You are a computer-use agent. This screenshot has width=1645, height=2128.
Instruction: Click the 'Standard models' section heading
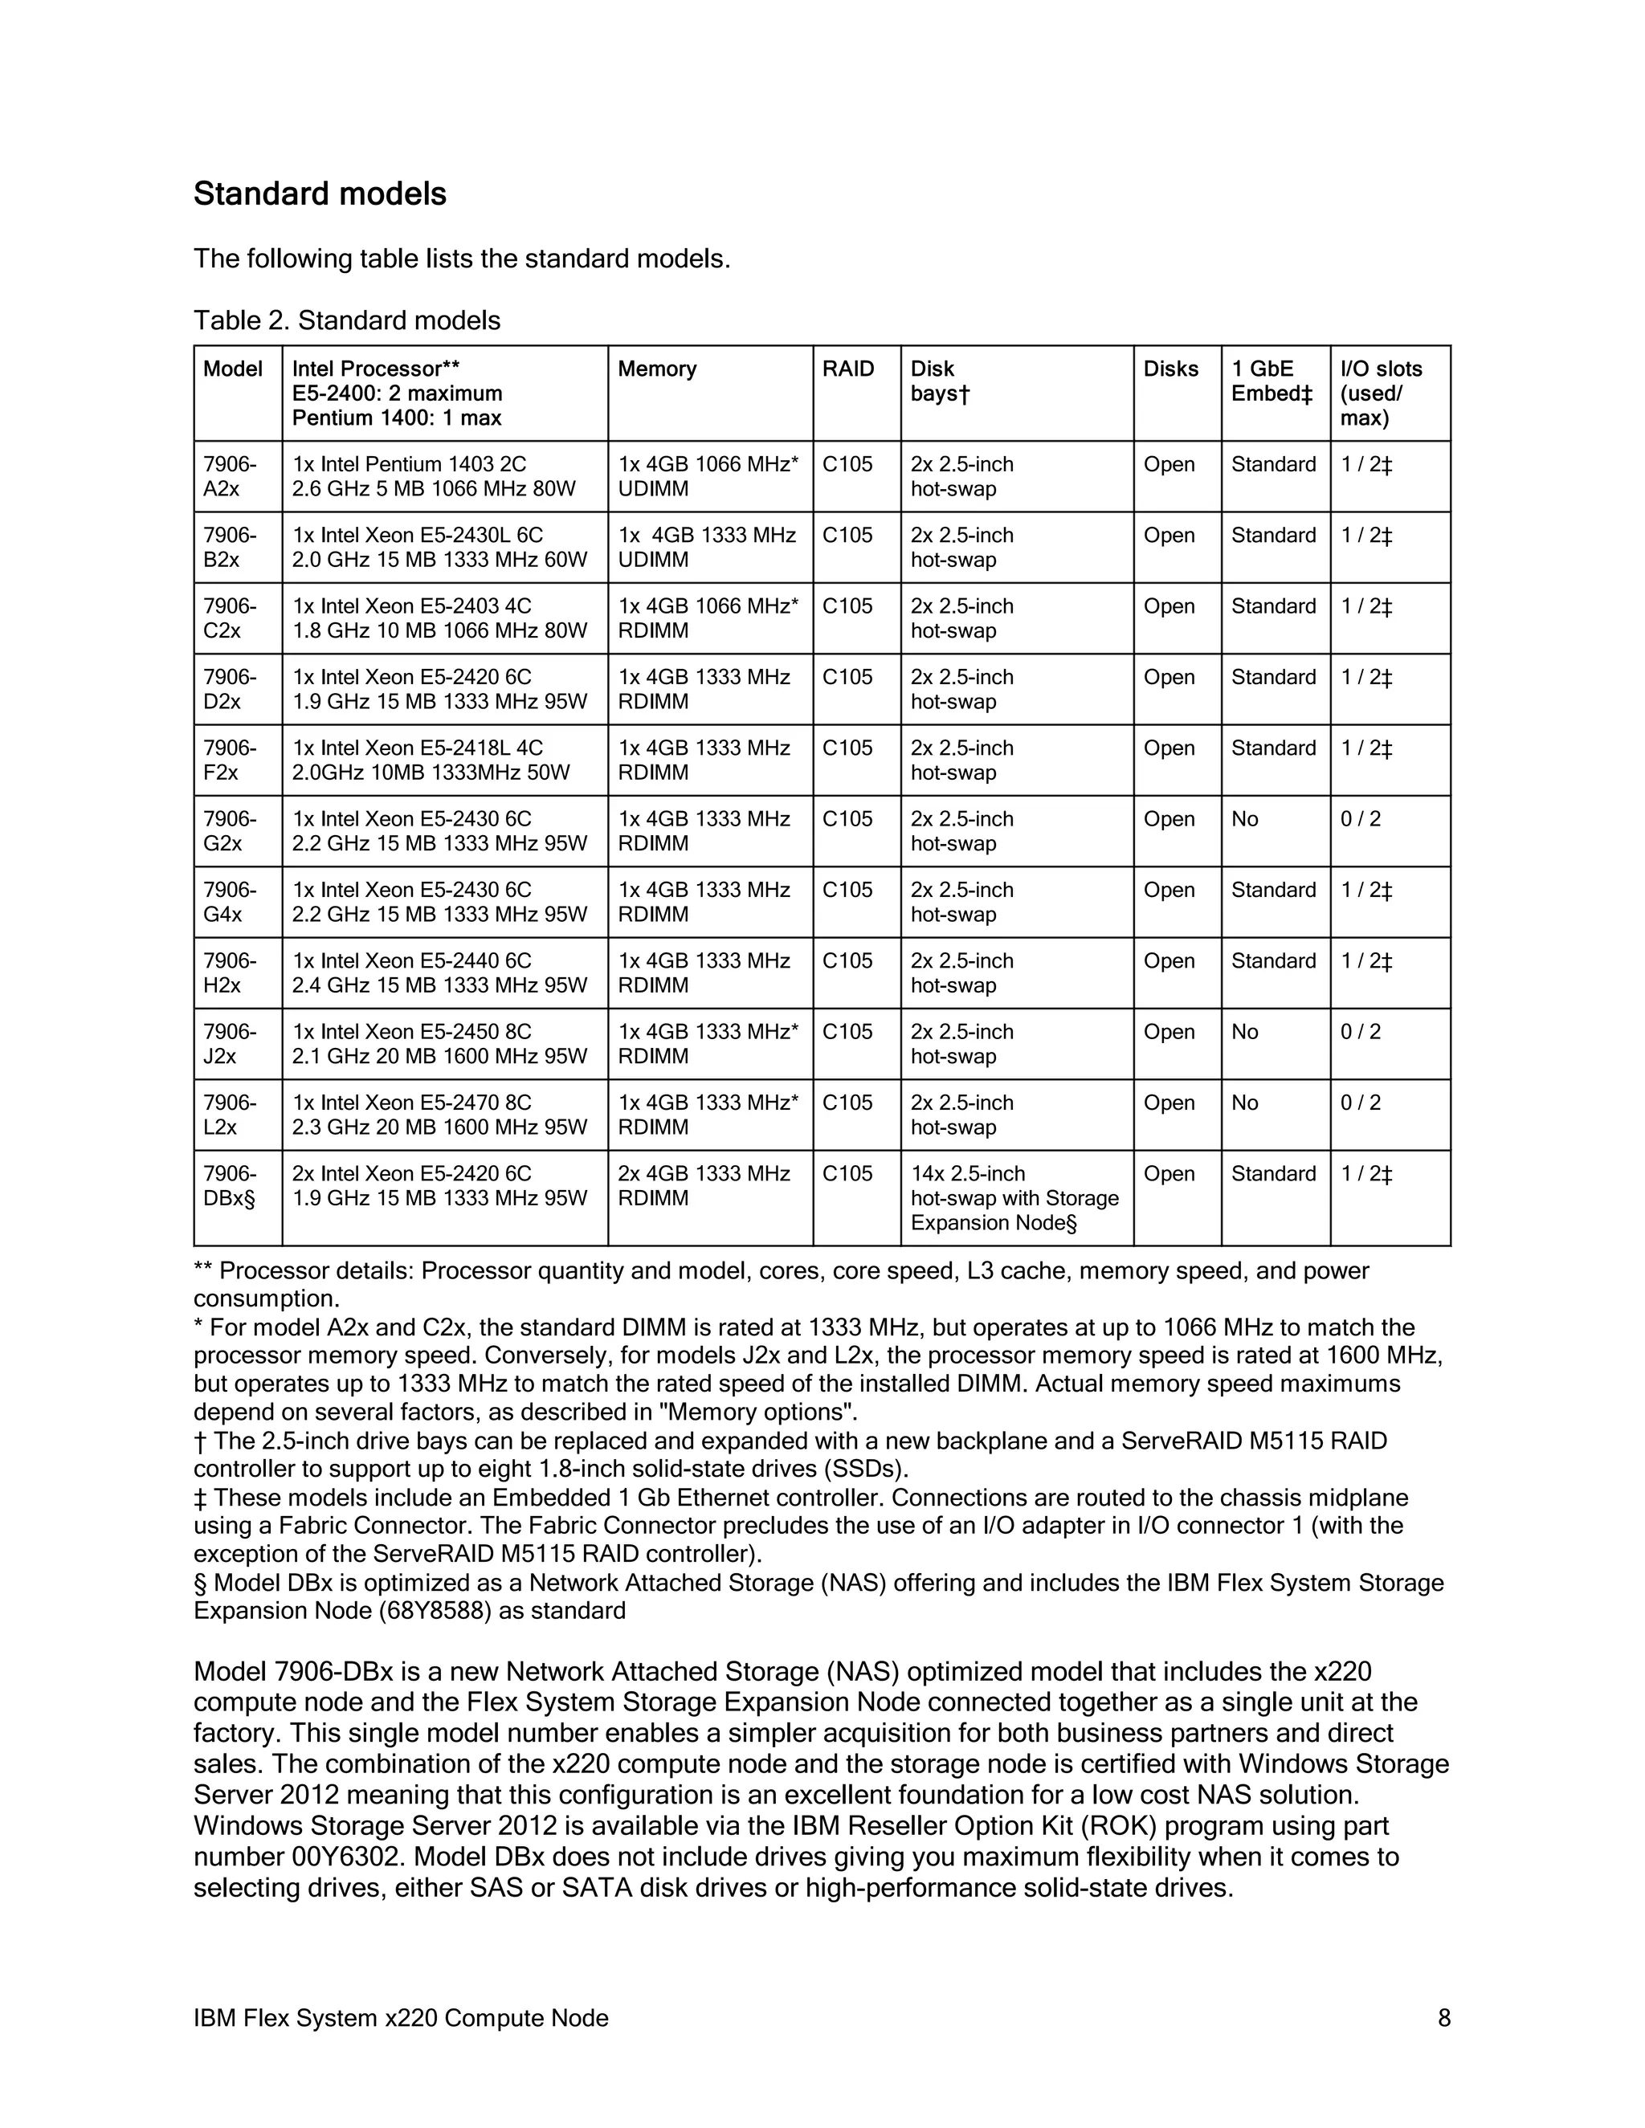(320, 194)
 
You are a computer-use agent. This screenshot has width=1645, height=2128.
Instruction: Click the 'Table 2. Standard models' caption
(347, 320)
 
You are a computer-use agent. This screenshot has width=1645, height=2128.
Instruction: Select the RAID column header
(848, 369)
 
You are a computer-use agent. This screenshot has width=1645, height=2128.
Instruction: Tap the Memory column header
(657, 369)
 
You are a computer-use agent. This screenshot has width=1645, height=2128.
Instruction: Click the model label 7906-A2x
(230, 476)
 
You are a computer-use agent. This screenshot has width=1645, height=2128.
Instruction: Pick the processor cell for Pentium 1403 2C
(434, 476)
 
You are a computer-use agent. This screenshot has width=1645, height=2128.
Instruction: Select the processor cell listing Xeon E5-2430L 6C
(439, 548)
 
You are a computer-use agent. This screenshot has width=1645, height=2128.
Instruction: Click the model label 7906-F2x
(230, 760)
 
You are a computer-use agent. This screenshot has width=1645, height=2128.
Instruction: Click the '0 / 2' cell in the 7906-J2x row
(1361, 1032)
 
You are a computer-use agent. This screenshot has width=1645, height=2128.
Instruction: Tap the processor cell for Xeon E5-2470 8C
(439, 1115)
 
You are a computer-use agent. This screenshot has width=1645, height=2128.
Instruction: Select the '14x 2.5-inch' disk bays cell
(1014, 1197)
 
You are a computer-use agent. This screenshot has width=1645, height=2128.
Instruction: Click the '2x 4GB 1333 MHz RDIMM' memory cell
(704, 1186)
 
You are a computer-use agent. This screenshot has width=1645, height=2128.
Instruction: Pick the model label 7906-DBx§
(230, 1186)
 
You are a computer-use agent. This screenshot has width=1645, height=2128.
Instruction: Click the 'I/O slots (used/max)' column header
(1381, 393)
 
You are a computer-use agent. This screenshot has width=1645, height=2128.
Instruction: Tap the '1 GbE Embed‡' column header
(1272, 381)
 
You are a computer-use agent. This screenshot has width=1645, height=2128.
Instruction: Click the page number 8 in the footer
(1444, 2018)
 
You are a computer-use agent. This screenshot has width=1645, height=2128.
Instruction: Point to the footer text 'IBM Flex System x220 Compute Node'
(401, 2018)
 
